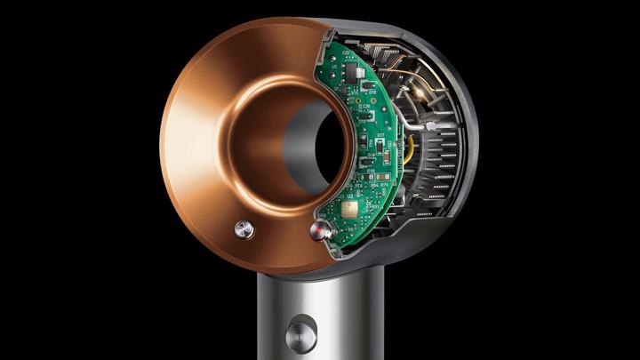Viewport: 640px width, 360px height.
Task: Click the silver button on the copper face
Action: click(244, 229)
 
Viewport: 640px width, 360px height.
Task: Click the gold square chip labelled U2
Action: click(349, 210)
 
